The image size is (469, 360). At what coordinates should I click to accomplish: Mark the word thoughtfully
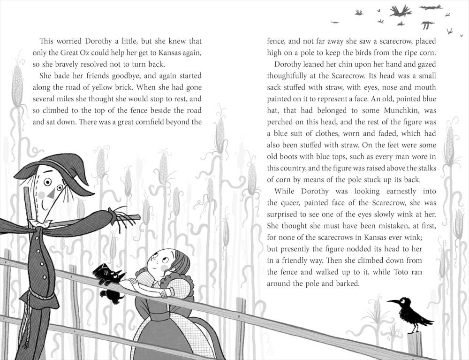coord(291,76)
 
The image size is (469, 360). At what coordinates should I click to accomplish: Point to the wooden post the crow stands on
coord(414,345)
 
